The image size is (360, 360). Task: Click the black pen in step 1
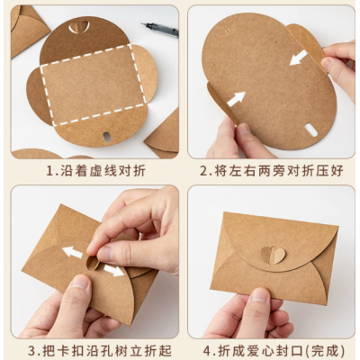point(159,30)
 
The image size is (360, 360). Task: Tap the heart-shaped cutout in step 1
point(79,27)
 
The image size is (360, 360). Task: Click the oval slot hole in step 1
point(106,137)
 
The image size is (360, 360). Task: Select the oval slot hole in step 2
point(310,130)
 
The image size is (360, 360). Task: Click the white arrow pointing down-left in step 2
point(299,58)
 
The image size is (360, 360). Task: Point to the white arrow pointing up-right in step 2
point(236,99)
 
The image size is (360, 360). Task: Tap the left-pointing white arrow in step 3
point(72,252)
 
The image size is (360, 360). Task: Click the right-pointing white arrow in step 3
point(113,270)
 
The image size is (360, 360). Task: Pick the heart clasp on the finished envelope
point(273,255)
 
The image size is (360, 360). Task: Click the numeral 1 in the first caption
point(49,171)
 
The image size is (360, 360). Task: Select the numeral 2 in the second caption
point(204,171)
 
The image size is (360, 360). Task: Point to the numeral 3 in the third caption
point(32,350)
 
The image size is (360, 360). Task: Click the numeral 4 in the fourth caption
point(207,350)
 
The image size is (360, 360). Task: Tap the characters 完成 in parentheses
point(323,350)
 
